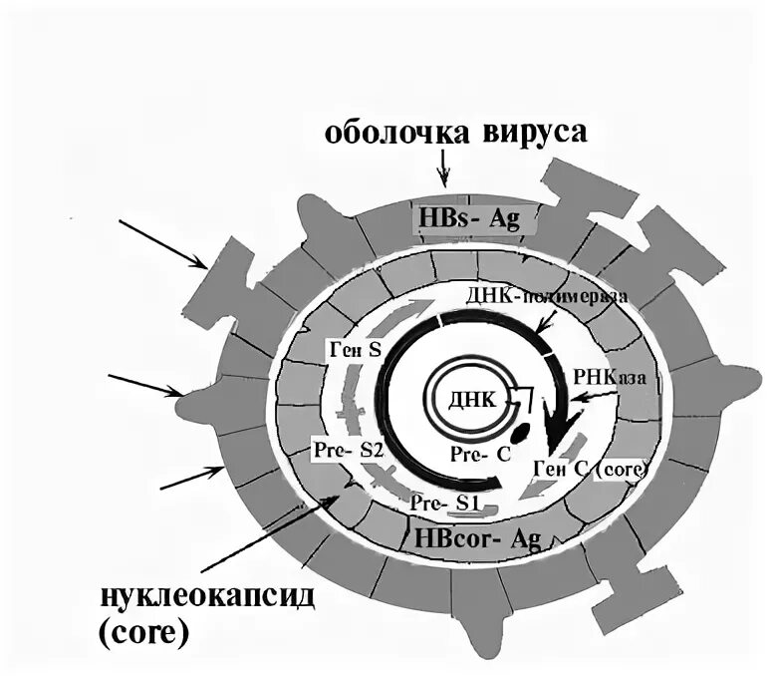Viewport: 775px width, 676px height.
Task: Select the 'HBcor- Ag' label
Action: click(x=475, y=537)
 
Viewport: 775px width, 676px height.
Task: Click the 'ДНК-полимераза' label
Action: click(x=545, y=296)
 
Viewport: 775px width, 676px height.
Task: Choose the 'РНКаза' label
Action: click(x=608, y=377)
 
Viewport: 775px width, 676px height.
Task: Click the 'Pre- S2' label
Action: click(x=348, y=449)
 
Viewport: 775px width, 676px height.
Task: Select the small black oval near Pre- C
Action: click(x=520, y=434)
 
